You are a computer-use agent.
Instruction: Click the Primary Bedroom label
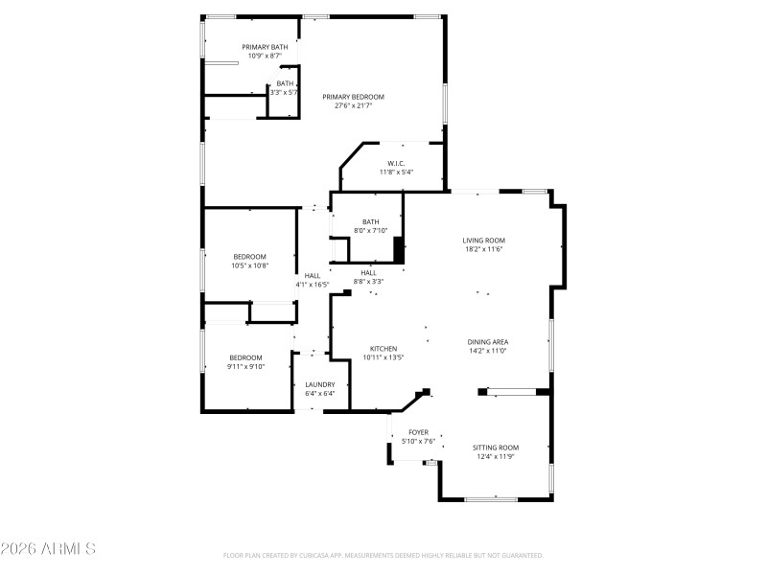click(x=353, y=97)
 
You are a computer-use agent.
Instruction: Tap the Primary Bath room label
click(x=265, y=47)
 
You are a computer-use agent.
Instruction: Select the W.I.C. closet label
click(x=396, y=164)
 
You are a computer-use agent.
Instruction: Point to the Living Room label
click(x=483, y=241)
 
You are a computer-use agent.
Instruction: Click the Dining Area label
click(x=487, y=342)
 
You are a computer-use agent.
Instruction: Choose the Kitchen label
click(x=383, y=349)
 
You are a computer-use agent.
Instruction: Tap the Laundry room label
click(x=320, y=384)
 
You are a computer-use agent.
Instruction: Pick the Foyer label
click(x=418, y=432)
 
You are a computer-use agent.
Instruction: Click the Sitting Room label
click(x=496, y=448)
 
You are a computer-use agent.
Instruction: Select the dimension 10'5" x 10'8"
click(x=249, y=265)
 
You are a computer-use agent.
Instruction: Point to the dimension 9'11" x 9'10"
click(x=245, y=366)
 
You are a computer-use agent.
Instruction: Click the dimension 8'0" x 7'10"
click(x=370, y=230)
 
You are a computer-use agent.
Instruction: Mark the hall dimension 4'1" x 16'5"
click(x=313, y=285)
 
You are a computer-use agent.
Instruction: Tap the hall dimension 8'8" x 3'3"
click(x=368, y=282)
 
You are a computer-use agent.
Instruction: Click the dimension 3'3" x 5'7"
click(x=285, y=92)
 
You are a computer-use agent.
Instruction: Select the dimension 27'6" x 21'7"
click(x=353, y=105)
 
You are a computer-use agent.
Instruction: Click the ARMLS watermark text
click(x=48, y=549)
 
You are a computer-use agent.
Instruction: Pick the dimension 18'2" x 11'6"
click(x=483, y=249)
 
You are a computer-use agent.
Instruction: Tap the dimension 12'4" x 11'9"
click(x=496, y=456)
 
